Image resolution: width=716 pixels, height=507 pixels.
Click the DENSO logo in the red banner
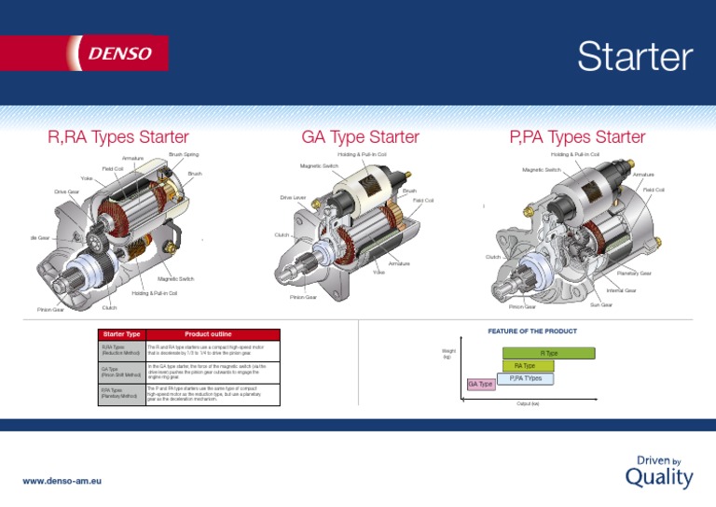(x=119, y=53)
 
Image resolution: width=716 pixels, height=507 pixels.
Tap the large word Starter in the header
(x=634, y=58)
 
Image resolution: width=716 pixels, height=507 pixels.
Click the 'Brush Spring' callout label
(x=184, y=154)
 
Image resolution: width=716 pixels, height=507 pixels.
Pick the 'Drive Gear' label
(x=66, y=191)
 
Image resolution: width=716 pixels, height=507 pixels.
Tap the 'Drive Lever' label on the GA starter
(x=293, y=198)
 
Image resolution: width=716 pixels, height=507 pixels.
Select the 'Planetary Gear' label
(x=633, y=274)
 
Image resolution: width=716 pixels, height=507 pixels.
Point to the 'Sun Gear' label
(x=600, y=304)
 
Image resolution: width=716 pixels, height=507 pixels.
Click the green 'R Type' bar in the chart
(x=549, y=353)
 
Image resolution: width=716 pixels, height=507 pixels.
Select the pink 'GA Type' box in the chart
(x=480, y=384)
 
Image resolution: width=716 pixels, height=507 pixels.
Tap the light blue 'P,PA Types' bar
(x=525, y=378)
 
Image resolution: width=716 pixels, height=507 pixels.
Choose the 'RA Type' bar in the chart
(x=525, y=366)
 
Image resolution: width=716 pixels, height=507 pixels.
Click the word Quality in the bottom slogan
(x=658, y=479)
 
